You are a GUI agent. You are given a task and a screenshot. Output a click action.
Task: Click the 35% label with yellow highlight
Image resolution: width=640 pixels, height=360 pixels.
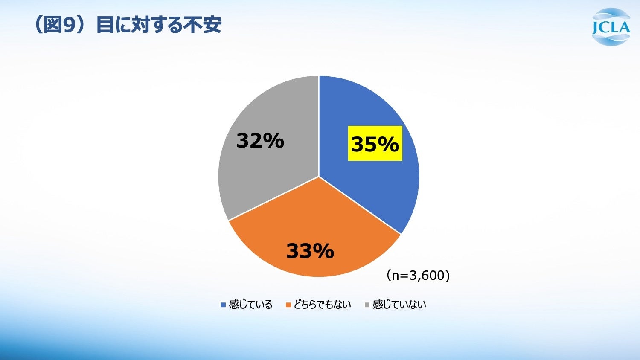pos(375,143)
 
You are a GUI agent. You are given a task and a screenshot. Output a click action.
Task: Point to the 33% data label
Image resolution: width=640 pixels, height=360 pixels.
pos(310,251)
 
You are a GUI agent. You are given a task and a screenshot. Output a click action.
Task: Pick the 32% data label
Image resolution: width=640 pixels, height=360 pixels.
pos(260,141)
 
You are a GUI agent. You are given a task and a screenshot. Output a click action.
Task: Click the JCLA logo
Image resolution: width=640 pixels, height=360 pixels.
pos(611,27)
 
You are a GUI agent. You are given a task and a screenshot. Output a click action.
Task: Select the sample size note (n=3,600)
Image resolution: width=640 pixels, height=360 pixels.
pos(418,276)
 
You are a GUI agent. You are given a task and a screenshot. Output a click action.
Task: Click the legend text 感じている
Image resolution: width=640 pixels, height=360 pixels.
pos(250,305)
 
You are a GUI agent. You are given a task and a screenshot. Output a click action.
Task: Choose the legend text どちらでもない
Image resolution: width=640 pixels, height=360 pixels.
pos(322,305)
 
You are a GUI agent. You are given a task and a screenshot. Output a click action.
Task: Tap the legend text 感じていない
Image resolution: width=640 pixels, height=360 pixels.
pos(399,305)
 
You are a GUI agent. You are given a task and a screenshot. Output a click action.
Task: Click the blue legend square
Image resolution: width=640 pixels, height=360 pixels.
pos(223,305)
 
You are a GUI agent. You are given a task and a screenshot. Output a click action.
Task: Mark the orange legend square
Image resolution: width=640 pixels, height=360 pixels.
pos(288,305)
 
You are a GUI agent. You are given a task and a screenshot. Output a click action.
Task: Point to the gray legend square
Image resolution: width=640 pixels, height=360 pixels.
pos(367,305)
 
